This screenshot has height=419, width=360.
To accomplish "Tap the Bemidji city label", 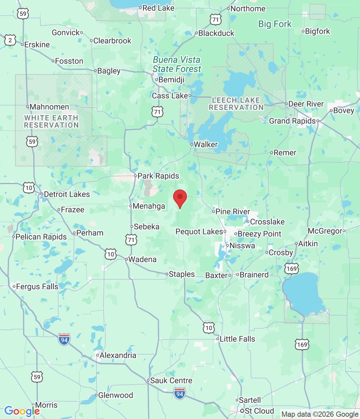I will pos(171,80).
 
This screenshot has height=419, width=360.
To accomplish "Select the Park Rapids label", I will pos(158,176).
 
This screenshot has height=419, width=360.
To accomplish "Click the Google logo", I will pos(22,411).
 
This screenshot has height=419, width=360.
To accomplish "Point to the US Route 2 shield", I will pos(10,40).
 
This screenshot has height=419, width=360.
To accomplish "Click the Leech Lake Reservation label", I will pos(236,104).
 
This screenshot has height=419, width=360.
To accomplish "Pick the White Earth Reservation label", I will pos(51,121).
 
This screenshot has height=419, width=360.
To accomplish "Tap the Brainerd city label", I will pos(254,275).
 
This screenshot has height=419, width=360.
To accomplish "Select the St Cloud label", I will pos(259,411).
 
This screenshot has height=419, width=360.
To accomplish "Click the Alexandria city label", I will pos(118,355).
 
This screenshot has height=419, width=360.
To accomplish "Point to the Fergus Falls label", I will pos(37,286).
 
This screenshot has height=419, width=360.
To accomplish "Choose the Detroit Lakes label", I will pos(67,194).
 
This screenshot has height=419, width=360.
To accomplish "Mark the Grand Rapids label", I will pos(292,121).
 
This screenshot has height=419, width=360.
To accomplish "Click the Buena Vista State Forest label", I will pos(177,64).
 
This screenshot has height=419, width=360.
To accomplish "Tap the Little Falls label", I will pos(237,339).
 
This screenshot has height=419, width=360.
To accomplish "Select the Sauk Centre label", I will pos(171,380).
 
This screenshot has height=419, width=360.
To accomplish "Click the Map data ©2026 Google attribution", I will pos(320,414).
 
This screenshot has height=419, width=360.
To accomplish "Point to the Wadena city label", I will pos(142,259).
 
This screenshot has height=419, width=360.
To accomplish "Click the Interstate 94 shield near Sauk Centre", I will pos(180,393).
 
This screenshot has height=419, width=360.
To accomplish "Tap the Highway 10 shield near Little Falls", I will pos(209,328).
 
